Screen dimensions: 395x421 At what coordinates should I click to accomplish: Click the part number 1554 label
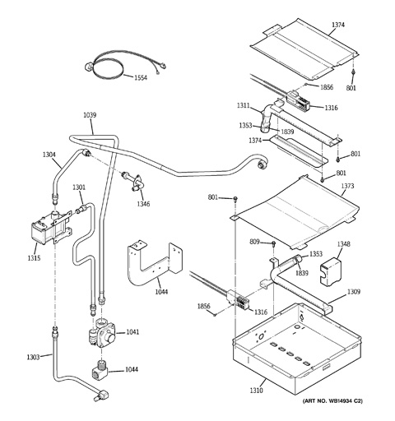[x=141, y=78]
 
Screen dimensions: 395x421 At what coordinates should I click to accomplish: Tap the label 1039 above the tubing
[x=90, y=115]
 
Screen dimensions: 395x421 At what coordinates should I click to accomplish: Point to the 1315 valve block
[x=51, y=228]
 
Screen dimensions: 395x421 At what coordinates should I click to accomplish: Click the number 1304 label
[x=49, y=155]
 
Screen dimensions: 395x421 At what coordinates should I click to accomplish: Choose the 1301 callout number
[x=79, y=187]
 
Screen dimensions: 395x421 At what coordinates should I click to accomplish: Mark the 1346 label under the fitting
[x=143, y=204]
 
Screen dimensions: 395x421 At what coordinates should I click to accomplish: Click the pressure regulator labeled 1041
[x=102, y=335]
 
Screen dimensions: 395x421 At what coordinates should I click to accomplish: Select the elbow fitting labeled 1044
[x=100, y=370]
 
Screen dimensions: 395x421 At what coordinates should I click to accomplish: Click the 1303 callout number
[x=33, y=358]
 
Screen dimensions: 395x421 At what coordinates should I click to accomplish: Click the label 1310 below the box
[x=256, y=391]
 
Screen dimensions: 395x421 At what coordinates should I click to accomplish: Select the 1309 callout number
[x=354, y=292]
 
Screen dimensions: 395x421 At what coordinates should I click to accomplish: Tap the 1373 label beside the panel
[x=347, y=186]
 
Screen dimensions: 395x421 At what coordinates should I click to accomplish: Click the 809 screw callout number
[x=254, y=242]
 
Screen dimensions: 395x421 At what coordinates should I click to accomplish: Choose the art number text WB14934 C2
[x=342, y=400]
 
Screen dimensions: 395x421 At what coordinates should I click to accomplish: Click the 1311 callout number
[x=244, y=105]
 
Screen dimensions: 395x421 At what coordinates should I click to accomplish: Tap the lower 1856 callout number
[x=204, y=307]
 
